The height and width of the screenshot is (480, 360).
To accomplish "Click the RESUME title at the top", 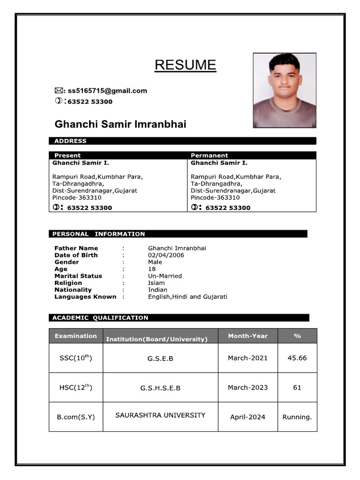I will [x=185, y=65].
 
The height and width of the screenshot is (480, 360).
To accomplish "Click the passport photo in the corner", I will [x=285, y=90].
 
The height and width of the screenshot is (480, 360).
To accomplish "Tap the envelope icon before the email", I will [x=59, y=91].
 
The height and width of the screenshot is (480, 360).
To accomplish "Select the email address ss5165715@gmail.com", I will [x=107, y=91].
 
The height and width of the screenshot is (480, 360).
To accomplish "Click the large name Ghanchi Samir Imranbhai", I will [x=120, y=124].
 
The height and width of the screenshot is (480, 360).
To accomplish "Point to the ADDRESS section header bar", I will [x=182, y=141].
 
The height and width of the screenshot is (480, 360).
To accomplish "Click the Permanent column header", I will [x=209, y=155].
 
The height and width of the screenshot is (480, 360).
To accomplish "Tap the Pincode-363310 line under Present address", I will [x=77, y=198].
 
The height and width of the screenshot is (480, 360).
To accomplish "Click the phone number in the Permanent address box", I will [x=228, y=208].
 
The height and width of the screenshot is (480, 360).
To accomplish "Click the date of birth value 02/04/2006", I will [x=166, y=255].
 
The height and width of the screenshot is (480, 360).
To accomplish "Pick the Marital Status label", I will [x=78, y=276].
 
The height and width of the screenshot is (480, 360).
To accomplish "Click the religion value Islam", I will [x=157, y=283].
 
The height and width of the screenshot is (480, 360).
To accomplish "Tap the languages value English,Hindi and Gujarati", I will [x=187, y=297].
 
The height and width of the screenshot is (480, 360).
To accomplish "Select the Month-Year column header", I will [x=247, y=336].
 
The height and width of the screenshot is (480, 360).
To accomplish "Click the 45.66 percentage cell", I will [x=297, y=358].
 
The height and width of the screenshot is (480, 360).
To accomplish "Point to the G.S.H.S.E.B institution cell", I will [x=160, y=388].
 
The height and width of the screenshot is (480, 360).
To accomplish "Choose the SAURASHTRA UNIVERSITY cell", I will [x=160, y=415].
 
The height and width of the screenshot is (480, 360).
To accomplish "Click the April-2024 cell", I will [x=247, y=417].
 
